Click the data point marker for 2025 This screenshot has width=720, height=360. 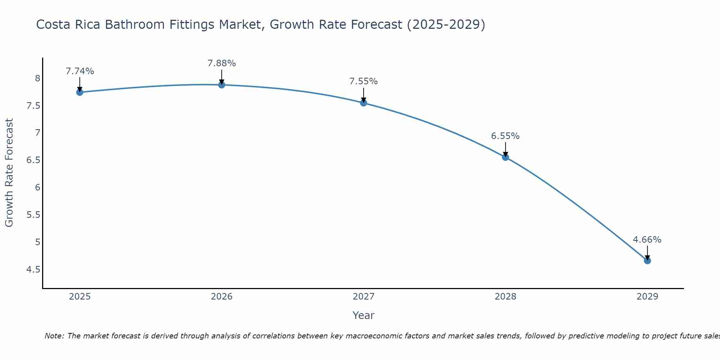(x=80, y=92)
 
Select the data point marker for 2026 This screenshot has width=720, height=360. (x=222, y=85)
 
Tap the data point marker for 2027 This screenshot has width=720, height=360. (x=364, y=103)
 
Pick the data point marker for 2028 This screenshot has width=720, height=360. (x=505, y=157)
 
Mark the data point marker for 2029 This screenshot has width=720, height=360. (x=647, y=261)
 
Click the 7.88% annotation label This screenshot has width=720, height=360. (x=222, y=63)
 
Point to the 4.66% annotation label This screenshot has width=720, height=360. (x=647, y=240)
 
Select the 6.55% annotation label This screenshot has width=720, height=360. (x=505, y=136)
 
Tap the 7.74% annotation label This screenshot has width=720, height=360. (x=80, y=71)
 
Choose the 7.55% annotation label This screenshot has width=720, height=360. (x=364, y=81)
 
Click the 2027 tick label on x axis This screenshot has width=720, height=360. (x=364, y=297)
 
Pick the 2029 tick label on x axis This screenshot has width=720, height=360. (x=647, y=297)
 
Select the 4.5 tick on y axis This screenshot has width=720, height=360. (x=33, y=269)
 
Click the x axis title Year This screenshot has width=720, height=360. (x=364, y=315)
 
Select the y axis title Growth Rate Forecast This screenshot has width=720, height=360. (x=9, y=173)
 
